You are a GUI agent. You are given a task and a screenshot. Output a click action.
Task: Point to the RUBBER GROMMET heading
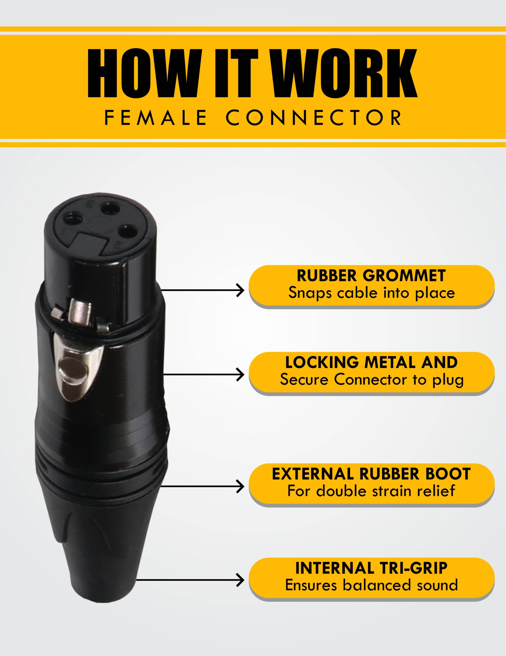(371, 276)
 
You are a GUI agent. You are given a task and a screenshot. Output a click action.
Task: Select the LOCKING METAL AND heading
(371, 362)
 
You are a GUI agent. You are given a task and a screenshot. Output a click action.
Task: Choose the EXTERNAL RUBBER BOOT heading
(371, 474)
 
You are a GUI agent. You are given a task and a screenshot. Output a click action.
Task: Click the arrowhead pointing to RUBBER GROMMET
(241, 290)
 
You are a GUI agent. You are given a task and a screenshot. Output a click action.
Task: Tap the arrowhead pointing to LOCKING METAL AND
(241, 375)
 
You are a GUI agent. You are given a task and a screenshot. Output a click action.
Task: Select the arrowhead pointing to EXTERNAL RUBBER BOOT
(241, 486)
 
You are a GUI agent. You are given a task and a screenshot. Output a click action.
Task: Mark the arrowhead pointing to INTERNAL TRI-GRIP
(241, 580)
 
